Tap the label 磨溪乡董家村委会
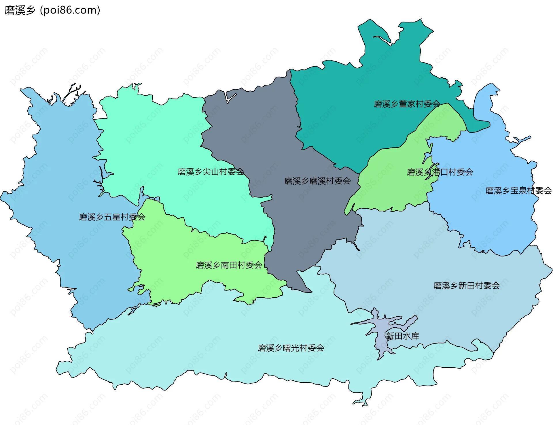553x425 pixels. pos(407,104)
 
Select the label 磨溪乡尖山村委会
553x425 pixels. pos(211,172)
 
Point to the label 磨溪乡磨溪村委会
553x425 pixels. pos(317,181)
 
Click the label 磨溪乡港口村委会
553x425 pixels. pos(440,172)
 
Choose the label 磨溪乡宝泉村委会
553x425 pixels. pos(518,190)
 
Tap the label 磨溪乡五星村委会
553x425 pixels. pos(112,217)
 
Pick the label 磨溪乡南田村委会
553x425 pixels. pos(229,265)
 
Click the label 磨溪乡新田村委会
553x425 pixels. pos(467,286)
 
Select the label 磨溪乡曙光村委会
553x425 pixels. pos(291,348)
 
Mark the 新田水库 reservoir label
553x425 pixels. pos(402,336)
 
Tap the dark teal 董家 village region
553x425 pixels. pos(360,130)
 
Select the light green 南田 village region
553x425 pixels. pos(173,259)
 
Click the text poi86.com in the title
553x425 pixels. pos(70,10)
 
